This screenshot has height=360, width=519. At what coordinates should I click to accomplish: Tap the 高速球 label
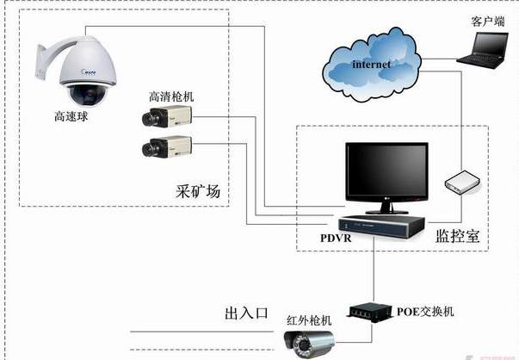[x=70, y=115]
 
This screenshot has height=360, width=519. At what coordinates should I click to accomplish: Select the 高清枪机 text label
[x=171, y=96]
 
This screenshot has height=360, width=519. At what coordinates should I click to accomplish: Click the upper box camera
[x=166, y=117]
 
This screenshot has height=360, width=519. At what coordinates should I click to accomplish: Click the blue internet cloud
[x=371, y=65]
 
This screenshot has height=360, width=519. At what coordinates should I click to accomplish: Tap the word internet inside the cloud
[x=371, y=64]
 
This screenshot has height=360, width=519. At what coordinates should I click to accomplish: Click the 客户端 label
[x=486, y=20]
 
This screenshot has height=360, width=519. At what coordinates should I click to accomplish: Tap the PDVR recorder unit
[x=380, y=226]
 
